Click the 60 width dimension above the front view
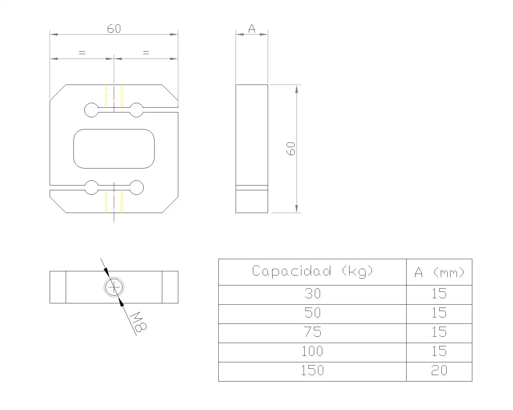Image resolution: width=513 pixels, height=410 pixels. coord(114,29)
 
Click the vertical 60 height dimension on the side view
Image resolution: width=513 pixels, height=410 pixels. coord(291,149)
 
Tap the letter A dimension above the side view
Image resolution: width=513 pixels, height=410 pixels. coord(252,29)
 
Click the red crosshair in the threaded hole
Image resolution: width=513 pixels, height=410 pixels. coord(114,287)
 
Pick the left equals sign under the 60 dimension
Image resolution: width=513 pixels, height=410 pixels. coord(82,53)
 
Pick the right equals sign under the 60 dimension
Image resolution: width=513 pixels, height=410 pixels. coord(146,53)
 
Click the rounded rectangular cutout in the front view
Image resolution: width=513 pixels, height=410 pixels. coord(114,149)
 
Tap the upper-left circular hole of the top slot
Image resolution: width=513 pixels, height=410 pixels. coord(91,110)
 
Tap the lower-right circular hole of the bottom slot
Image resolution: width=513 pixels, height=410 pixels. coord(137,187)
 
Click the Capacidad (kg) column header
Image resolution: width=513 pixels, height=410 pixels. coord(312,272)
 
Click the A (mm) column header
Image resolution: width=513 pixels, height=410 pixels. coord(439,272)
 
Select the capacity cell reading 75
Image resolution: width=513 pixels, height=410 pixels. coord(312,332)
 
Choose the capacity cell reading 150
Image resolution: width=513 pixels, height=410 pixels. coord(312,371)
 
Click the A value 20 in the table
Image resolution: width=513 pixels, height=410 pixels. coord(439,371)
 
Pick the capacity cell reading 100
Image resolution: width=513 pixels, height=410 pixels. coord(312,351)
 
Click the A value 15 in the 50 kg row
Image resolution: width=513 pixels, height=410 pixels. coord(439,313)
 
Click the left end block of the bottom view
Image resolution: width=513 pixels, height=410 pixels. coord(58,287)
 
